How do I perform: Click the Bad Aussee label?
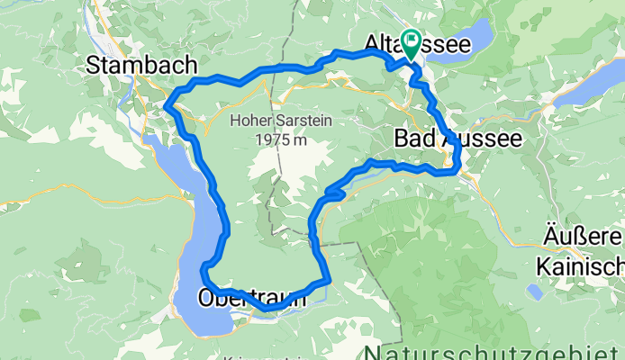click(457, 139)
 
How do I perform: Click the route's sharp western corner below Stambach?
click(168, 107)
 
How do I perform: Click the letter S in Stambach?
click(95, 64)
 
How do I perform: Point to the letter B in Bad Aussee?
click(403, 139)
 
